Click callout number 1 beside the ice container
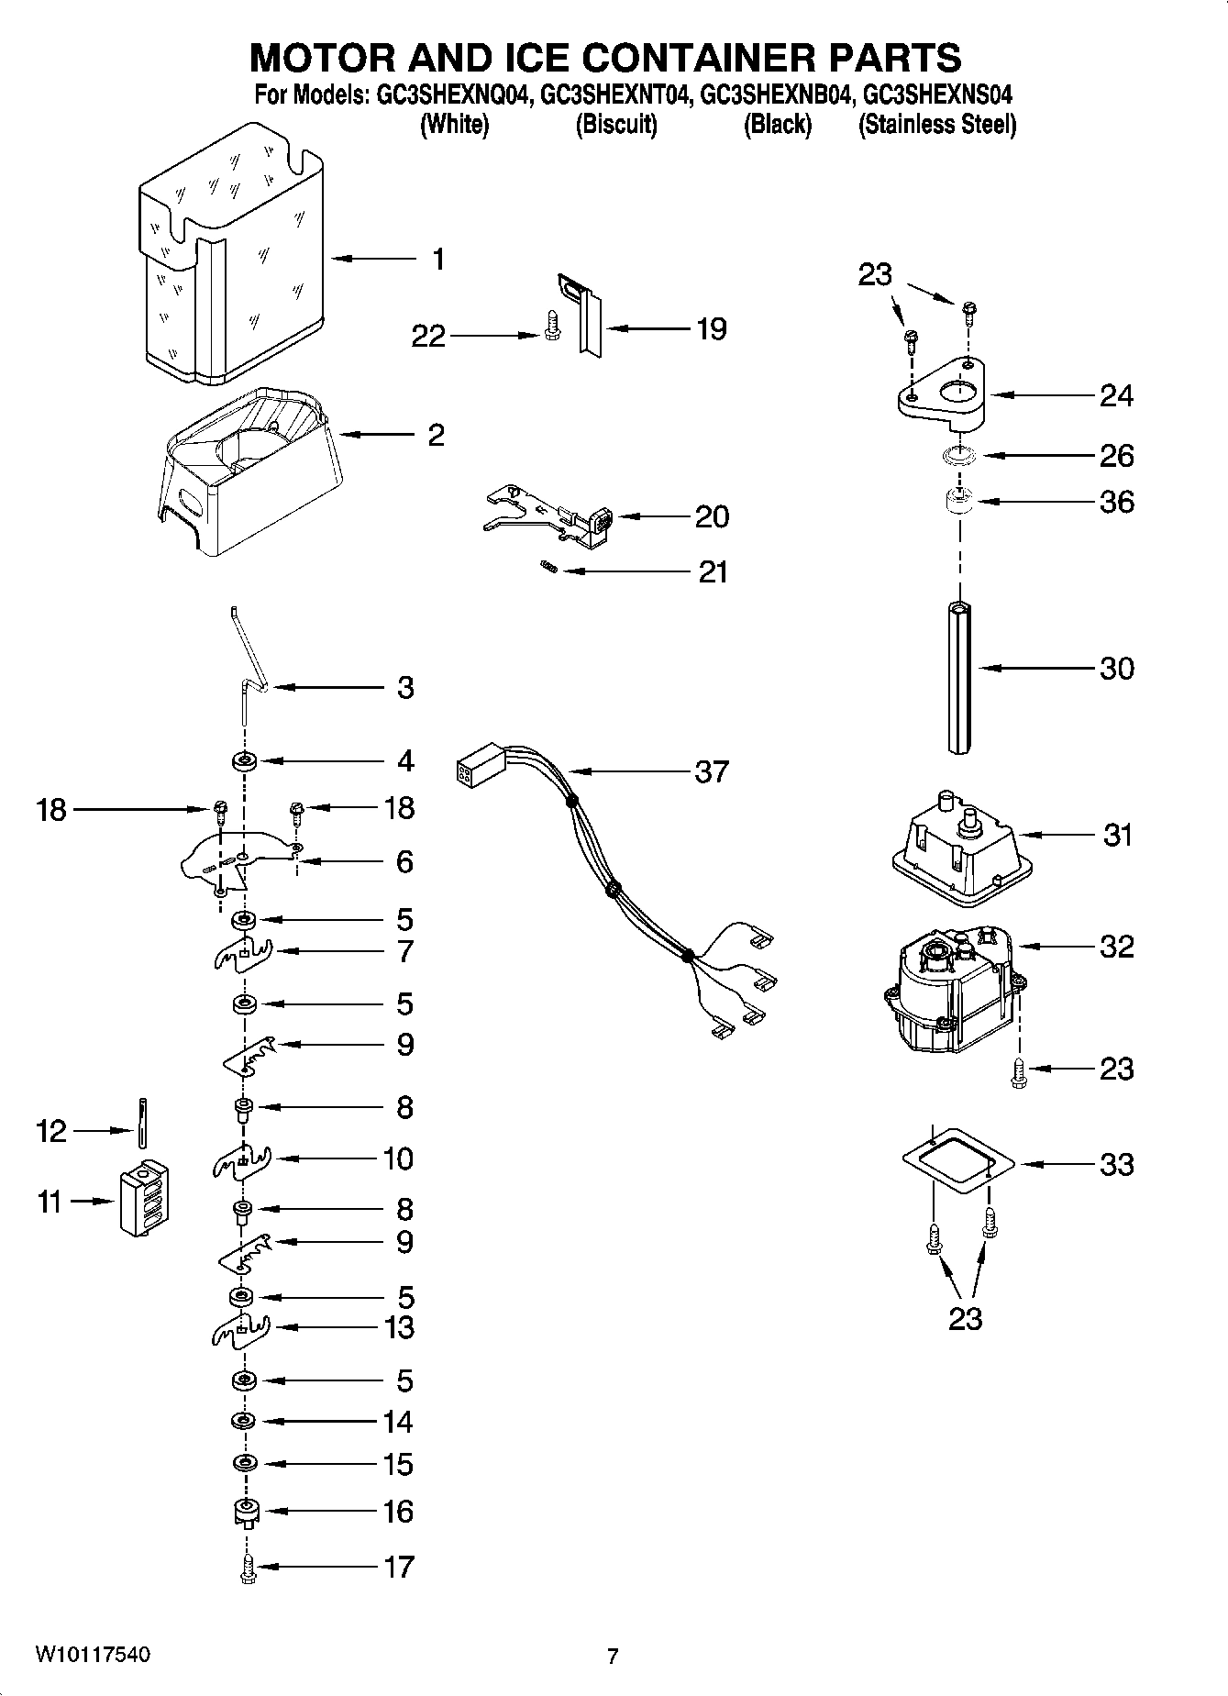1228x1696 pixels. (x=438, y=260)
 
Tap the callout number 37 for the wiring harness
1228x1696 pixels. (x=711, y=771)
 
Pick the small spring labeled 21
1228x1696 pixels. (x=548, y=570)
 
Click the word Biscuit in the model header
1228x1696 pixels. (x=616, y=125)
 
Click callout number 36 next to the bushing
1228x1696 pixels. (x=1116, y=502)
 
